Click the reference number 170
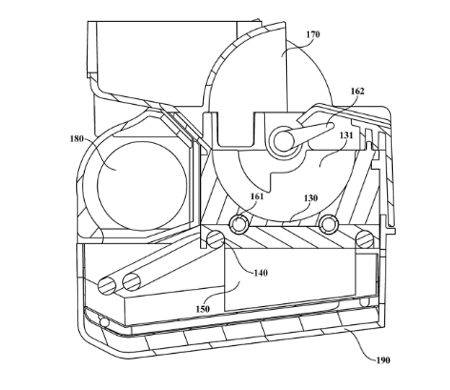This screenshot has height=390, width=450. coord(313,34)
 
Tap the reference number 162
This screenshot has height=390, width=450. coord(358,92)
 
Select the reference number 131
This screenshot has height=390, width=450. coord(346,135)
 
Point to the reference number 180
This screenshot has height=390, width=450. coord(76,139)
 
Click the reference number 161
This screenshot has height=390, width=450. coord(257,196)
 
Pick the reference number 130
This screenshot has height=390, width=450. coord(311,198)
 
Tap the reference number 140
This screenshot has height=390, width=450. coord(260,273)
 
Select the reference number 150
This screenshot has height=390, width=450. coord(203,309)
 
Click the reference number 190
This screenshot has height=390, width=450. coord(383,360)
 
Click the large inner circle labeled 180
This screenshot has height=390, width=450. coord(142,186)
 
